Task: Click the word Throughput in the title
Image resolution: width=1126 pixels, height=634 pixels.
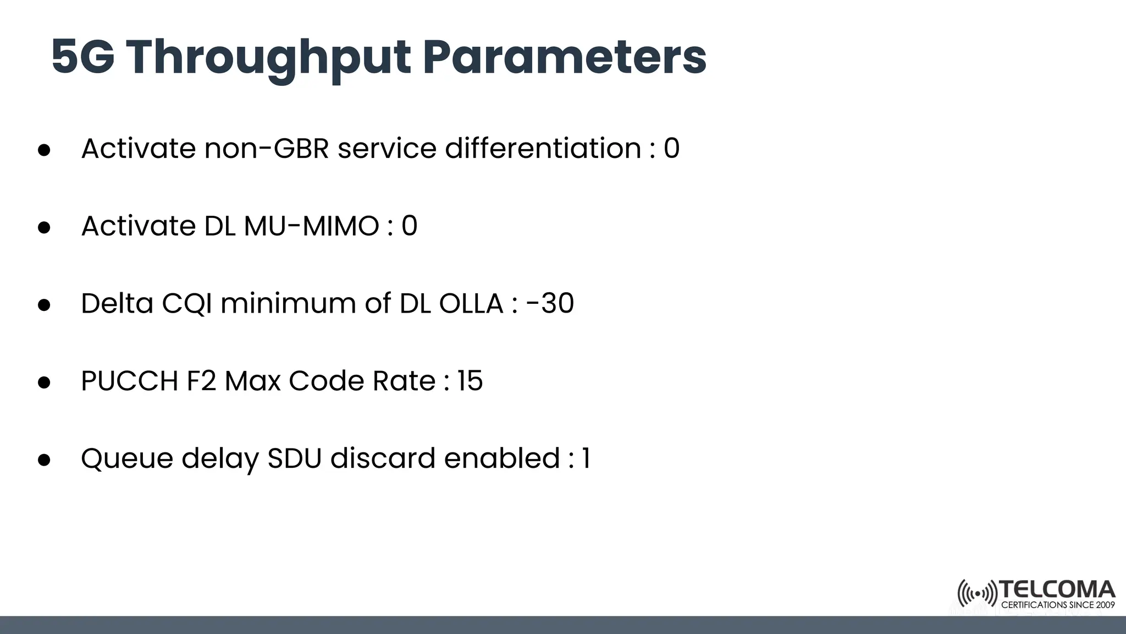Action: (268, 57)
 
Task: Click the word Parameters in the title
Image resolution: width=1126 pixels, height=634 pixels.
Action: (564, 57)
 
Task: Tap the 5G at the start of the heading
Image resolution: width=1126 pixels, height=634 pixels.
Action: (83, 57)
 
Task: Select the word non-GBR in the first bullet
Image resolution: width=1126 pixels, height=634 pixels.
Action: (267, 149)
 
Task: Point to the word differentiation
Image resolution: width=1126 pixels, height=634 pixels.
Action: (543, 149)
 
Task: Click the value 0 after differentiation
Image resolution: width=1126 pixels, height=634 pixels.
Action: (671, 149)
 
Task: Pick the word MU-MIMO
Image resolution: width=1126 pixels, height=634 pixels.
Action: (311, 226)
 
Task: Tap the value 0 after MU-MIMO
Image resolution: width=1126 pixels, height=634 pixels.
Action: (409, 226)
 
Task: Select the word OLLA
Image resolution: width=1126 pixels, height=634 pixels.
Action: (471, 304)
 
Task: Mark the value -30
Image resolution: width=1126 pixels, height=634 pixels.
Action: (550, 304)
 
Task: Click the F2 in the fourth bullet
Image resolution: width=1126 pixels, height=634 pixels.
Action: (201, 381)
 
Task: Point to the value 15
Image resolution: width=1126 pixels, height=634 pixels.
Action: (470, 381)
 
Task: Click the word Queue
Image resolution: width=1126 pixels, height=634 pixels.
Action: (127, 458)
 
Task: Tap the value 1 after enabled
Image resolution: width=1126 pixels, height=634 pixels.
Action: (586, 458)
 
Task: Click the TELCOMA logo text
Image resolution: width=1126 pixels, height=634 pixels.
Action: (1057, 590)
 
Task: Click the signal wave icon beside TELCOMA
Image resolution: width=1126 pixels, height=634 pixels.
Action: (977, 594)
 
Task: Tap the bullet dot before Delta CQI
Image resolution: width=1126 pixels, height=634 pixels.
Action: (44, 305)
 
